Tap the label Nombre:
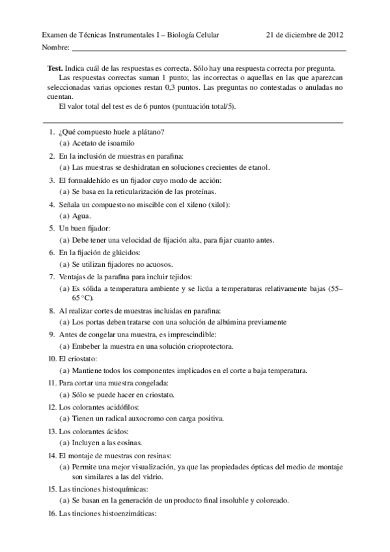(x=55, y=48)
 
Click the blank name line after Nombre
(x=208, y=49)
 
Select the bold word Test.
(x=55, y=68)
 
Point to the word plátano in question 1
(x=149, y=131)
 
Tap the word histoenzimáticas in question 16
(x=128, y=513)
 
